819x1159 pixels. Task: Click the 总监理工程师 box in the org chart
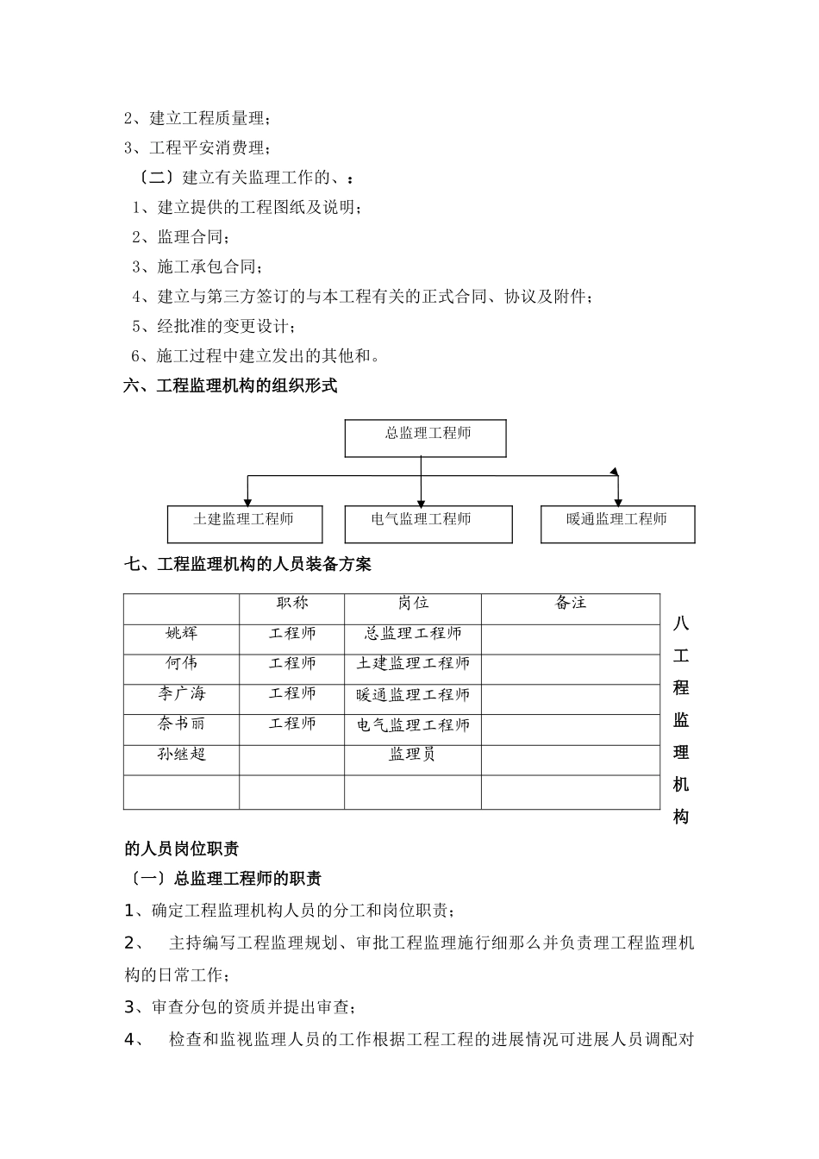click(425, 438)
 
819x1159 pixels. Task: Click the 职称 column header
click(292, 604)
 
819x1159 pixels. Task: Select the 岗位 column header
click(413, 604)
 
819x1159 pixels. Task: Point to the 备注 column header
click(570, 604)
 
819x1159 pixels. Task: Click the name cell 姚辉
click(182, 634)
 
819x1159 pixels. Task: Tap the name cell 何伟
click(182, 664)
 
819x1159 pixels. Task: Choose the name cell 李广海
click(182, 694)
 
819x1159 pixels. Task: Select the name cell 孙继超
click(182, 755)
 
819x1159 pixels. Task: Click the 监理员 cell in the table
click(413, 755)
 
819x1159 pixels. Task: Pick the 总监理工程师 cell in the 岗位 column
click(413, 634)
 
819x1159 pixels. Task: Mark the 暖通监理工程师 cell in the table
click(413, 695)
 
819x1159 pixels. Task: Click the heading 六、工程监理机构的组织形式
click(230, 386)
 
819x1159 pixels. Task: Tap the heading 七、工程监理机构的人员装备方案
click(248, 565)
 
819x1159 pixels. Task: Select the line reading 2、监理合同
click(181, 237)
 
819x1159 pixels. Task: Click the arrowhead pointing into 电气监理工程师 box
click(422, 502)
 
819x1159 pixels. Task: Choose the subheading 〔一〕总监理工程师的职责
click(224, 879)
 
